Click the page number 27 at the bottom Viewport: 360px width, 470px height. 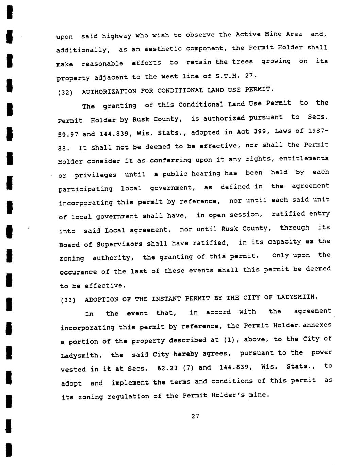(195, 416)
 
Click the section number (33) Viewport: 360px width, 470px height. (68, 300)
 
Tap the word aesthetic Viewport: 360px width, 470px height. (163, 49)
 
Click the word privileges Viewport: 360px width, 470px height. (95, 175)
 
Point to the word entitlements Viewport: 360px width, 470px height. (306, 158)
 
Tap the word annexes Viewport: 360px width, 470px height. (317, 325)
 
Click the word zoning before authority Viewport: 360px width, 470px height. (72, 258)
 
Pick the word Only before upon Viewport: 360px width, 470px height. (281, 255)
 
